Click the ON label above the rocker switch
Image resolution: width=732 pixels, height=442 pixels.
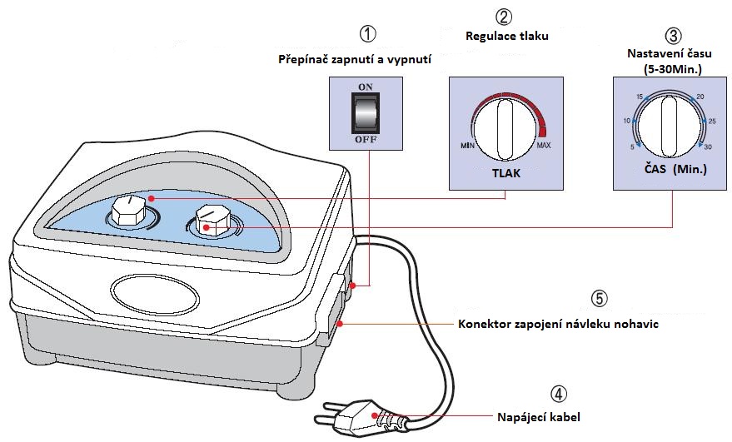(x=365, y=87)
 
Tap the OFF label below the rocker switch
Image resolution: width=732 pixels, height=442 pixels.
(x=365, y=140)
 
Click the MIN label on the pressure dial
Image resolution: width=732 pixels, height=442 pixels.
(x=467, y=146)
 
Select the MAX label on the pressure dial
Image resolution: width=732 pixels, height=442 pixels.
(x=544, y=146)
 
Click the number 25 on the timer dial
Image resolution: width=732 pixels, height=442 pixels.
(x=712, y=122)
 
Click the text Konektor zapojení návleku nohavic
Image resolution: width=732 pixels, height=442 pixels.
(x=559, y=324)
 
